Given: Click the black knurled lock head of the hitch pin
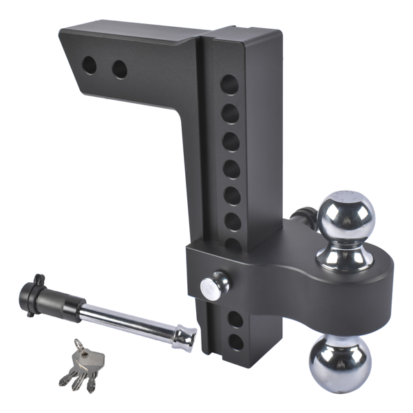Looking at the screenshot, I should (54, 297).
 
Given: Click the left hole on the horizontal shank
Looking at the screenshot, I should (89, 65).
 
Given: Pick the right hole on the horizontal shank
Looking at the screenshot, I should (120, 69).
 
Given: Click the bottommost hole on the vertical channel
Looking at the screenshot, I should (234, 341).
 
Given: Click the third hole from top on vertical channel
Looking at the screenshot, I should (231, 141).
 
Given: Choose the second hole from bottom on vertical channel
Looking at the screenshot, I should (233, 319).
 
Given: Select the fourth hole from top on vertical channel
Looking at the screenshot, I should (231, 168).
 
